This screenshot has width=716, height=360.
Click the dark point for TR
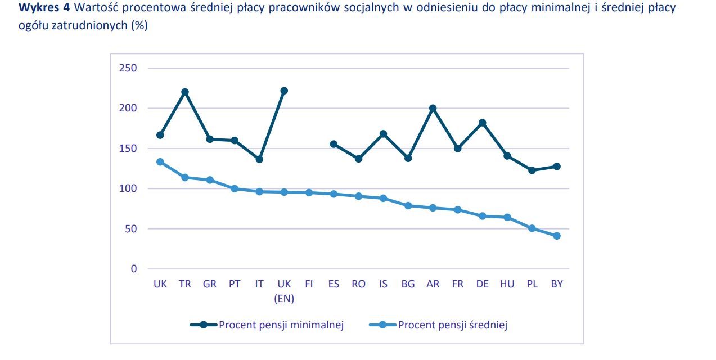(x=185, y=92)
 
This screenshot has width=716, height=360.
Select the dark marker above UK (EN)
(x=284, y=91)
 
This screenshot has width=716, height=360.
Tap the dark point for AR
(x=433, y=108)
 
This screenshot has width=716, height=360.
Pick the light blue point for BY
(x=557, y=236)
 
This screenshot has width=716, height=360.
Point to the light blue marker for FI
(x=309, y=192)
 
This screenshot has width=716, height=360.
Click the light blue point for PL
(x=532, y=228)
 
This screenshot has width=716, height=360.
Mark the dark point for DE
(x=482, y=123)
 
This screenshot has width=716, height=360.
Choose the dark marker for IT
(x=259, y=159)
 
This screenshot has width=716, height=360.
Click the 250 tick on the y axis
(x=128, y=68)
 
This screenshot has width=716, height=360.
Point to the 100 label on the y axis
(x=128, y=188)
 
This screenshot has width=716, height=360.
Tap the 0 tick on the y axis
(x=134, y=269)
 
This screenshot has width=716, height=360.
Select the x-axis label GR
(x=210, y=284)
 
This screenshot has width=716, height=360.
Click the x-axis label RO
(x=358, y=284)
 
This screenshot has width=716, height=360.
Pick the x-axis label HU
(x=507, y=284)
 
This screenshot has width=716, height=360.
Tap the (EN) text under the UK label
(x=284, y=299)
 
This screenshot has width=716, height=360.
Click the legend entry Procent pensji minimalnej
(x=281, y=325)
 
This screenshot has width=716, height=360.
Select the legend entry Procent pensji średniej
(x=452, y=325)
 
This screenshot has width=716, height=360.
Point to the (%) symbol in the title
(x=139, y=26)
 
